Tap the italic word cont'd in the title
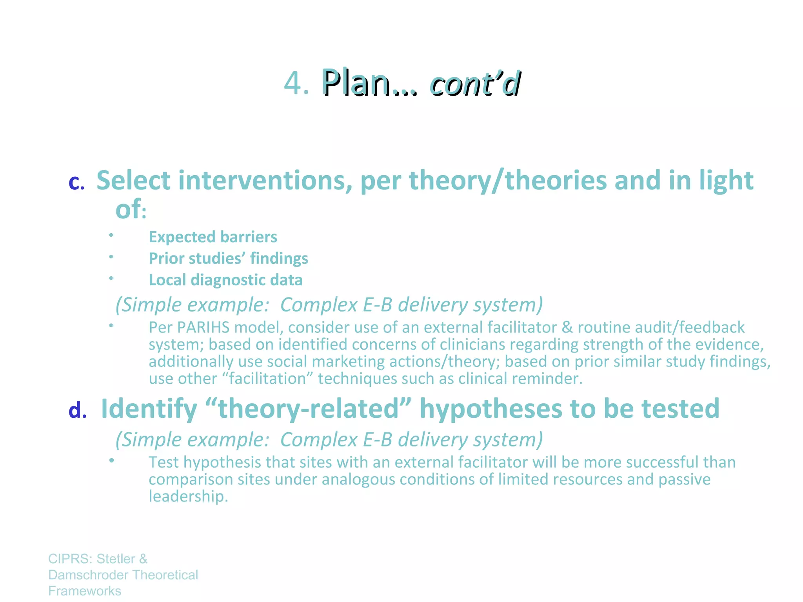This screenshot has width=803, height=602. coord(475,83)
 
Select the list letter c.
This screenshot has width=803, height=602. coord(76,182)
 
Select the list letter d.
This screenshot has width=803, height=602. coord(77,410)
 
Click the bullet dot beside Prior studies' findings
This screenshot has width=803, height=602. coord(111,257)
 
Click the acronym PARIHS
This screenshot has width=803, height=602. coord(203,327)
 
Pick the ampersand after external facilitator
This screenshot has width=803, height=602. coord(567,327)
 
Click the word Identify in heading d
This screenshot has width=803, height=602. coord(149,409)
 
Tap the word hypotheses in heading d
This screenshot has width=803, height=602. coord(491,409)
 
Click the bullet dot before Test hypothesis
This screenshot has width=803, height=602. coord(112,460)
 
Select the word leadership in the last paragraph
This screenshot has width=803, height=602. coord(187,497)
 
